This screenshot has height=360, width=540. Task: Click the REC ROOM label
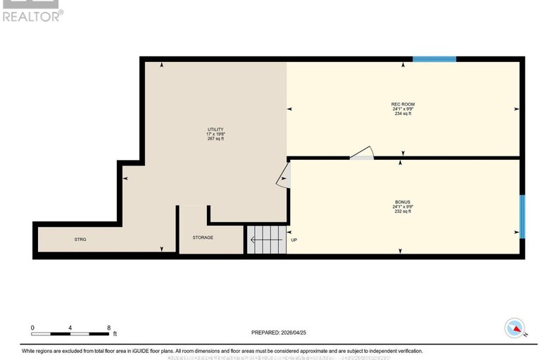403,104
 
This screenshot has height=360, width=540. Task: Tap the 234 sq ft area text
403,113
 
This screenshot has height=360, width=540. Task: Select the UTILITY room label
215,130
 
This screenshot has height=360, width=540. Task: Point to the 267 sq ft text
215,139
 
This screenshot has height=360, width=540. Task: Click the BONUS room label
403,201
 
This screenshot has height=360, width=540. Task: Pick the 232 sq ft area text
403,211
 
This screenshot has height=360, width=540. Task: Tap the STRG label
80,240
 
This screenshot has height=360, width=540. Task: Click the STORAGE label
203,237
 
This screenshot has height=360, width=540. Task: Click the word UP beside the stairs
294,240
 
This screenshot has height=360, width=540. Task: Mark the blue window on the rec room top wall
434,59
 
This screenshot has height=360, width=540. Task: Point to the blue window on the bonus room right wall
522,216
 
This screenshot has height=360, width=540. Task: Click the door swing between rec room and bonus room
362,153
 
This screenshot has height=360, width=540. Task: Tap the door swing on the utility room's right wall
284,175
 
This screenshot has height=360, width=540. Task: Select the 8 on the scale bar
108,328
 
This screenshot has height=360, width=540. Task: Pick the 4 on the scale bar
70,328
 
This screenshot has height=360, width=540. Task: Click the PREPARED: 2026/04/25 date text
280,333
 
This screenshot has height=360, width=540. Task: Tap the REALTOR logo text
31,14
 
